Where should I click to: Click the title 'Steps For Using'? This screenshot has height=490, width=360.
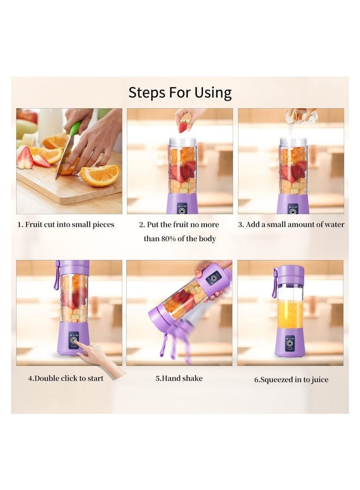pyautogui.click(x=180, y=93)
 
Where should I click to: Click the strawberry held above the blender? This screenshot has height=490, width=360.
pyautogui.click(x=183, y=126)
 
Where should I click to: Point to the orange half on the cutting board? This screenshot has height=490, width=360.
pyautogui.click(x=100, y=175)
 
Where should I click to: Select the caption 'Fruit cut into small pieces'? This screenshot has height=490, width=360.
pyautogui.click(x=66, y=224)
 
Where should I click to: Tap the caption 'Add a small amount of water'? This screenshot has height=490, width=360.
pyautogui.click(x=291, y=224)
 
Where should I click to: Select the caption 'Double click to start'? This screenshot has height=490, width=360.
pyautogui.click(x=66, y=379)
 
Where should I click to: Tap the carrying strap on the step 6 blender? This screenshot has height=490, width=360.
pyautogui.click(x=274, y=284)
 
